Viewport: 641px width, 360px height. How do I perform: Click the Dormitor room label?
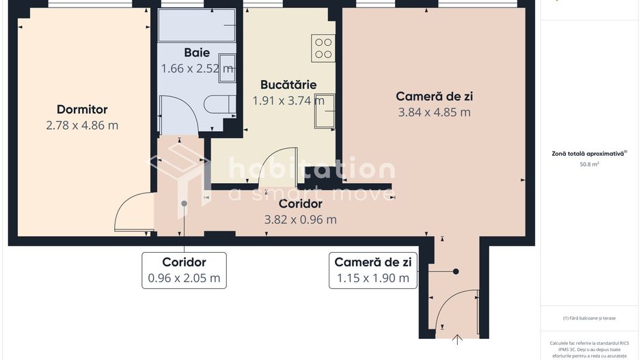click(82, 109)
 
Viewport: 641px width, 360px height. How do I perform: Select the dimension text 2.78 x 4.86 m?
click(82, 125)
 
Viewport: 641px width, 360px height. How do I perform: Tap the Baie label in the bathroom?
click(197, 53)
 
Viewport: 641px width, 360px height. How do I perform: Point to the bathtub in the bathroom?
click(197, 25)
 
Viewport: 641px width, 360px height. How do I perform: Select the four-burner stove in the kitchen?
click(323, 47)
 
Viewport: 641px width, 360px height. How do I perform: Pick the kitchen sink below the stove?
click(325, 111)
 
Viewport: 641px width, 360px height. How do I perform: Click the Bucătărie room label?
click(288, 85)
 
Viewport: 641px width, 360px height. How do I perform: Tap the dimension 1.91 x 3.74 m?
click(288, 100)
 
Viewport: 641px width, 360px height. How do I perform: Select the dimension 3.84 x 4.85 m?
click(434, 112)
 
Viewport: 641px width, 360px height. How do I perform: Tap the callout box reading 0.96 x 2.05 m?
click(184, 270)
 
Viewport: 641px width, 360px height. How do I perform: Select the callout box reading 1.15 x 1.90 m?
click(372, 270)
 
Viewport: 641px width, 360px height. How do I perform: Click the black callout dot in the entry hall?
click(456, 271)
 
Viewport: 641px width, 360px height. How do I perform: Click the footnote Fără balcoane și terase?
click(588, 318)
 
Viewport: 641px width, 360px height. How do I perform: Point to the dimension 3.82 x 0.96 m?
click(300, 219)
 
